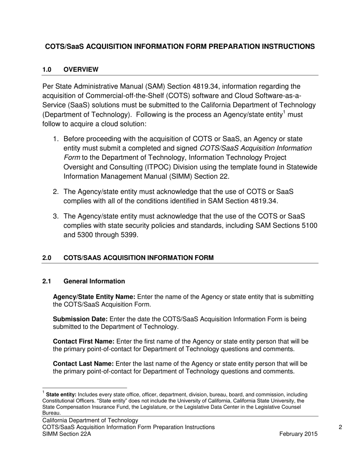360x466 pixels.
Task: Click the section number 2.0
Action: [x=47, y=258]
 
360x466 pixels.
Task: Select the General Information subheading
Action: [x=94, y=281]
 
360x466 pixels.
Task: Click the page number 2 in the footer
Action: [x=340, y=427]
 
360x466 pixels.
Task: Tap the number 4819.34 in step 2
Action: [x=264, y=201]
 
